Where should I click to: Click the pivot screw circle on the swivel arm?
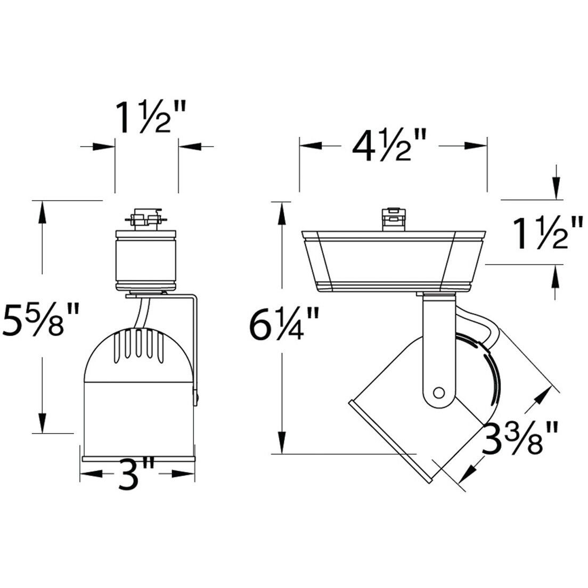pyautogui.click(x=438, y=393)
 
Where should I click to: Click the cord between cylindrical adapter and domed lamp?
pyautogui.click(x=141, y=314)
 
